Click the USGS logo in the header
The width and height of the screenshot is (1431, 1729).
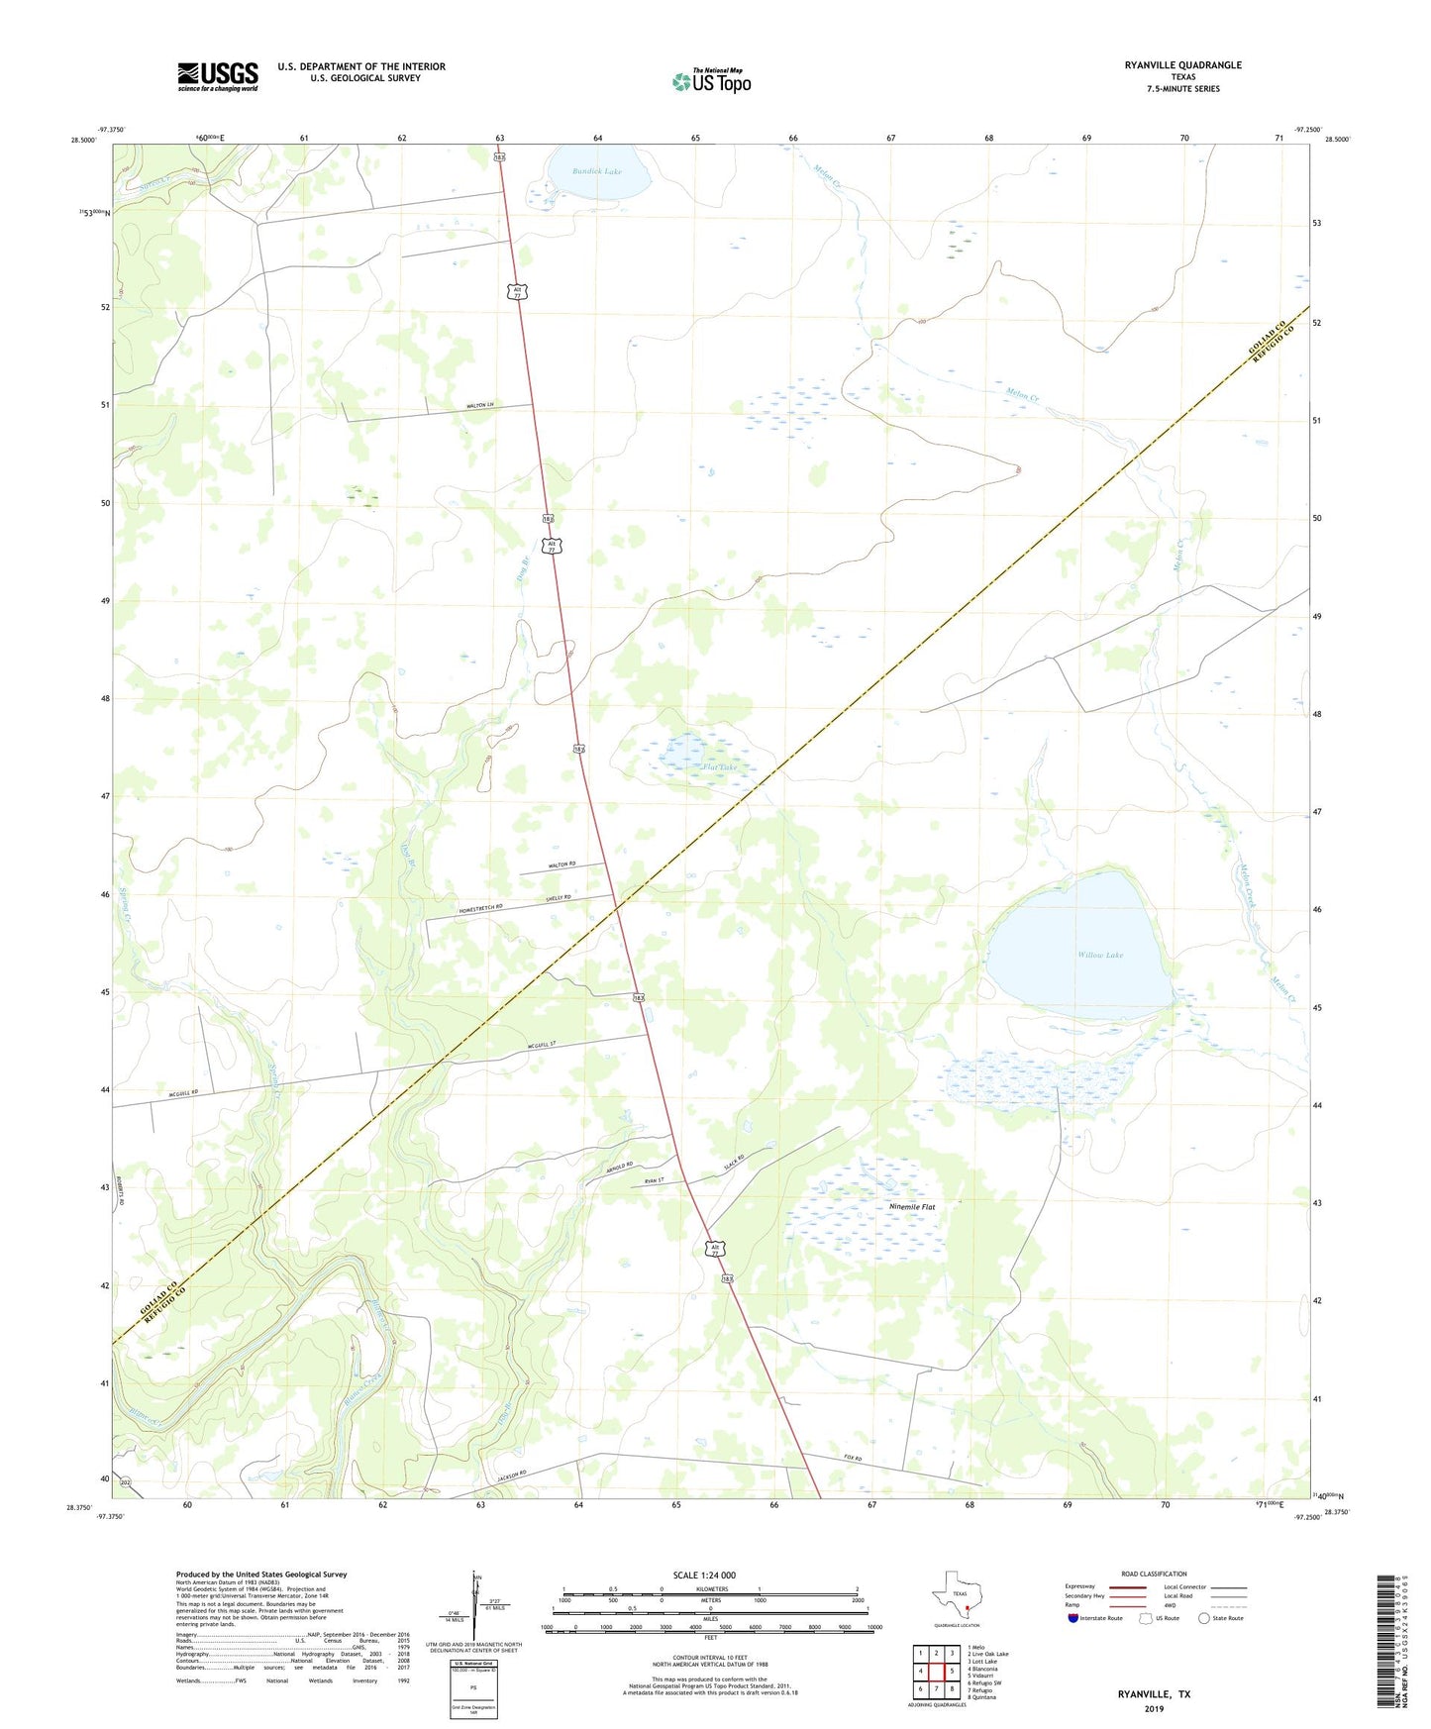click(217, 76)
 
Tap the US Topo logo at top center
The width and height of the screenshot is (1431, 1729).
click(711, 81)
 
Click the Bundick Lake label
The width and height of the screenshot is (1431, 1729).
click(597, 171)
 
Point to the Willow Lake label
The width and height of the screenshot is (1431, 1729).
click(1100, 955)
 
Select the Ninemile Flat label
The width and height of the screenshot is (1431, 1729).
click(911, 1207)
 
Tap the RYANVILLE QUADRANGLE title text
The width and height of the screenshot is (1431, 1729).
click(1182, 64)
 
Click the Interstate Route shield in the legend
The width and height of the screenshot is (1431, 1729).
click(1073, 1618)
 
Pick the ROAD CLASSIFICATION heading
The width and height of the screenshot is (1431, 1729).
click(1154, 1574)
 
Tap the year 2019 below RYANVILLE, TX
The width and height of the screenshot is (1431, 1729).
click(1154, 1708)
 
